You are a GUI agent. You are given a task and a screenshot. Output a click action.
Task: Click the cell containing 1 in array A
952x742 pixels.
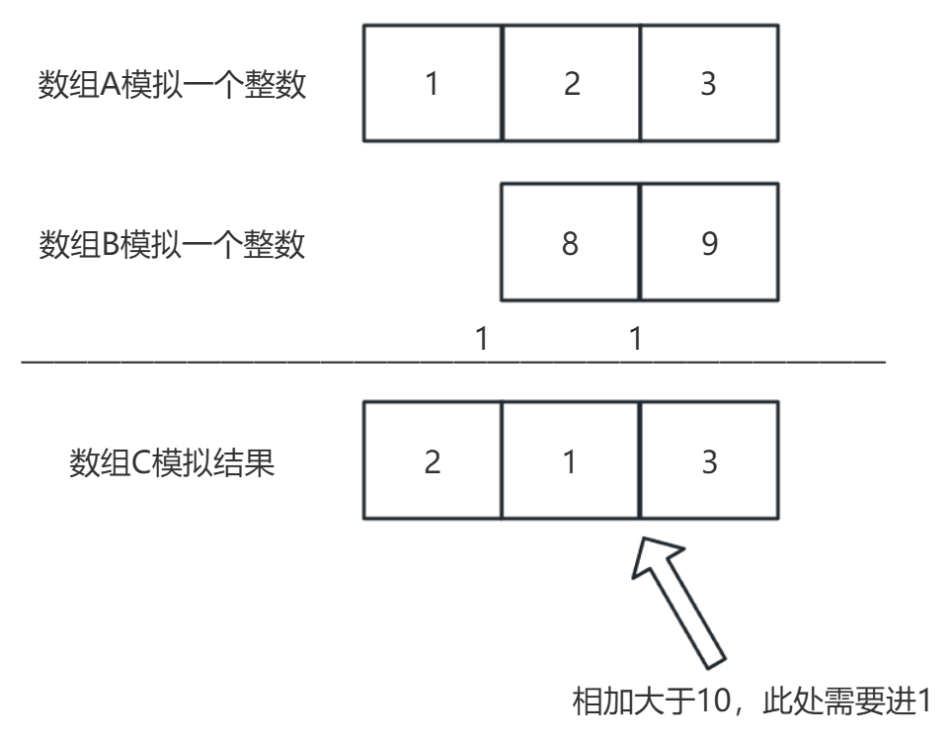click(433, 84)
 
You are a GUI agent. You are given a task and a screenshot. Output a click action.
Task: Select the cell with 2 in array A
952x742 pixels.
click(571, 84)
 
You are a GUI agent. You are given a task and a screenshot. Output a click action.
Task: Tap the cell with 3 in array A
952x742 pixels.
click(709, 84)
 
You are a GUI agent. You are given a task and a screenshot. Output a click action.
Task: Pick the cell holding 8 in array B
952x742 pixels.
click(571, 243)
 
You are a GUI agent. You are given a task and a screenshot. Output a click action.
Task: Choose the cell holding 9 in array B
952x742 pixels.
click(709, 243)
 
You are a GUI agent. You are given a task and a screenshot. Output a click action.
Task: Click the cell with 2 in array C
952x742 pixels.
click(433, 461)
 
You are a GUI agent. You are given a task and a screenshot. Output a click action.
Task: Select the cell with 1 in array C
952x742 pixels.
click(571, 461)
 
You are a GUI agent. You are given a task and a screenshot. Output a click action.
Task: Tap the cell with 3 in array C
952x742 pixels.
click(709, 461)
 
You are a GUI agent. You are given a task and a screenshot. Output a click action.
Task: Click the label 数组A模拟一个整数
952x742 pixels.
click(172, 86)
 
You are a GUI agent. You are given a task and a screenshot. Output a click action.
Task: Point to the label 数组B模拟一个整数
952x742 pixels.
click(172, 244)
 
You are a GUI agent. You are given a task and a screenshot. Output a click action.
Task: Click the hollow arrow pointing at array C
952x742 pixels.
click(681, 598)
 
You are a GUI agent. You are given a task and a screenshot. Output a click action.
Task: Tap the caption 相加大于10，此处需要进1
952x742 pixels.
click(753, 704)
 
